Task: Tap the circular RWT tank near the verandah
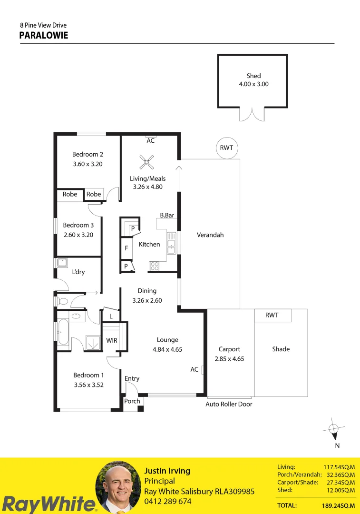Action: click(226, 148)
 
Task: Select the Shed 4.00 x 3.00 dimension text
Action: click(253, 84)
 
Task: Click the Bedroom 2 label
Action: click(88, 154)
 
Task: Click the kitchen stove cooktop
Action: click(154, 266)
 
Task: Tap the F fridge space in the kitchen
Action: click(126, 248)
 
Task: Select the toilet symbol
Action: click(62, 301)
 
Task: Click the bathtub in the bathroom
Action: click(63, 331)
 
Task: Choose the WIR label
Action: click(112, 341)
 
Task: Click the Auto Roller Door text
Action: click(229, 404)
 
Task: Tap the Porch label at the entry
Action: click(132, 401)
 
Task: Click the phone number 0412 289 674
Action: click(167, 501)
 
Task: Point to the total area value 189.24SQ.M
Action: click(339, 505)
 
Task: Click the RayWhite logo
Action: click(48, 504)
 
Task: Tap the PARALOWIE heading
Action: click(44, 36)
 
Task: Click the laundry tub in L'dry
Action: click(62, 263)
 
